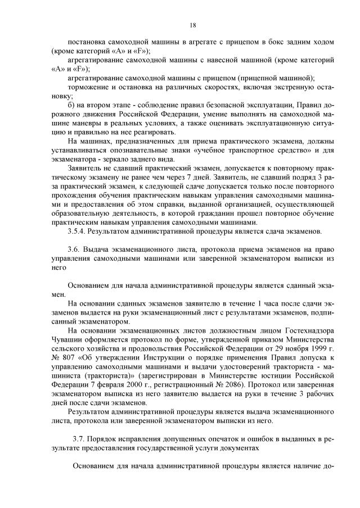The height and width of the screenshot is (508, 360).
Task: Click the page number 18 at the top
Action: point(192,25)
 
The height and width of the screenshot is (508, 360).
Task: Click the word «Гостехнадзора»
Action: point(306,330)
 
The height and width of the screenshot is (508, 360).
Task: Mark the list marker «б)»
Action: point(70,105)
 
